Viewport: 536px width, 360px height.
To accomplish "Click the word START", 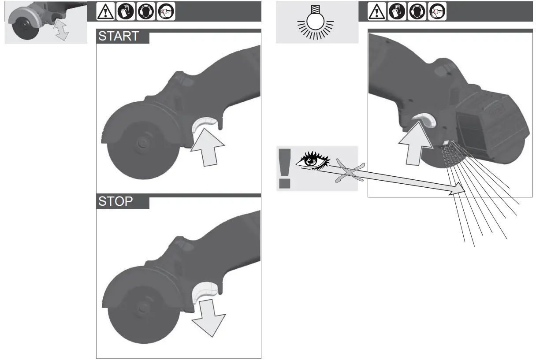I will tap(119, 36).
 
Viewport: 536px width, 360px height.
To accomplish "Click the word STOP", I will tap(115, 201).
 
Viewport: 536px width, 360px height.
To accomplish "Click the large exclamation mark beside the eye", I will tap(285, 168).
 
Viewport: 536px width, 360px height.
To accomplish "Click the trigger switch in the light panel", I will tap(424, 119).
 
